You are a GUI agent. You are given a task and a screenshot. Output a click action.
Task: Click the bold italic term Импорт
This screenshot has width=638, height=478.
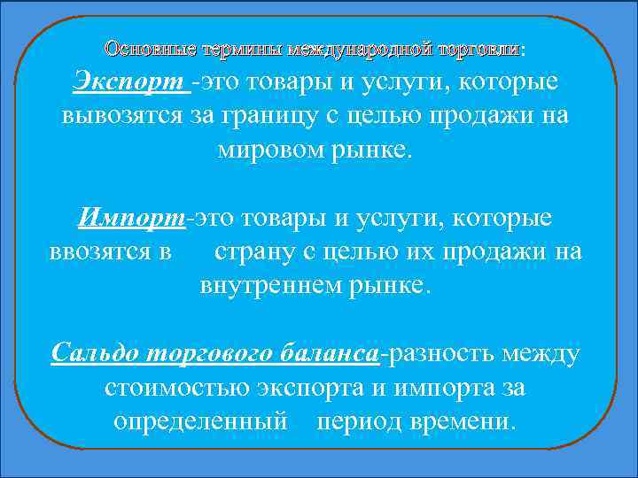tap(133, 218)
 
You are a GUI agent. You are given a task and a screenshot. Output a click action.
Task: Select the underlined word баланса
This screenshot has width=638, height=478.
tap(328, 354)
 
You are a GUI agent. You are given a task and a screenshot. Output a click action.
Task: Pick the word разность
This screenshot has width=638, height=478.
tap(439, 354)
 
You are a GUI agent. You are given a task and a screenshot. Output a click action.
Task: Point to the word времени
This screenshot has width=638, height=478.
tap(462, 420)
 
